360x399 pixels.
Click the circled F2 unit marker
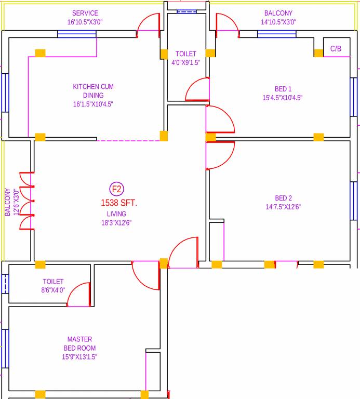coord(117,189)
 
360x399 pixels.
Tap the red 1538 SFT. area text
coord(119,203)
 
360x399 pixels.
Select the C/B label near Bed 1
coord(336,49)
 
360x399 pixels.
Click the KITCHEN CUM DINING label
coord(93,91)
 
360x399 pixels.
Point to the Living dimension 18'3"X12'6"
coord(116,222)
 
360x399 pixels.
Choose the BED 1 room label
coord(283,88)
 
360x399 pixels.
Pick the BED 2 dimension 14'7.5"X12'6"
coord(283,206)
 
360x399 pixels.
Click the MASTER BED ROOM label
coord(79,343)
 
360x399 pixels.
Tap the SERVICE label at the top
coord(85,13)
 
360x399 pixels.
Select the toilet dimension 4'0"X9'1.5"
coord(186,62)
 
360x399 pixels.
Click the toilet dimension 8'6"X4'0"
coord(53,290)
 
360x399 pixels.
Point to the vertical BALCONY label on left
coord(8,202)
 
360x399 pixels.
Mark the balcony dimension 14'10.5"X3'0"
coord(278,22)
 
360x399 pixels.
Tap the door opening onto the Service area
coord(148,25)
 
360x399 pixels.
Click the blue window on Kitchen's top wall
coord(76,35)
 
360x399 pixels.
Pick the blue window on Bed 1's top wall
coord(276,35)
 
